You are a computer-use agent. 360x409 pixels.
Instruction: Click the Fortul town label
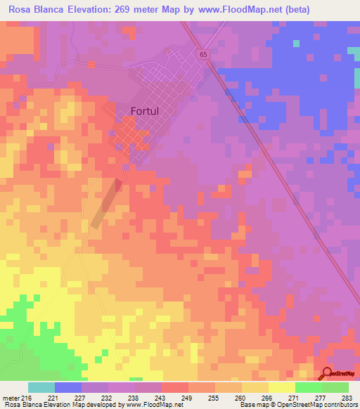coord(148,110)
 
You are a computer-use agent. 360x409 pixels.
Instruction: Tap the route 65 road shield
coord(203,54)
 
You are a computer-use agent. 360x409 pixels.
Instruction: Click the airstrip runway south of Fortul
coord(105,204)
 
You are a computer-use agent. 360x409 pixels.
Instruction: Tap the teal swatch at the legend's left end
coord(41,387)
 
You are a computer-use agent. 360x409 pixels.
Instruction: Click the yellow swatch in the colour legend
coord(281,387)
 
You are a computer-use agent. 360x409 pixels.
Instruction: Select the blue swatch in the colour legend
coord(68,387)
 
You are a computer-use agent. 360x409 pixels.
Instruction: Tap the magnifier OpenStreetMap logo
coord(327,374)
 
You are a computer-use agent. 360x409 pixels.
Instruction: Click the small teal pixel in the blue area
coord(296,44)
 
